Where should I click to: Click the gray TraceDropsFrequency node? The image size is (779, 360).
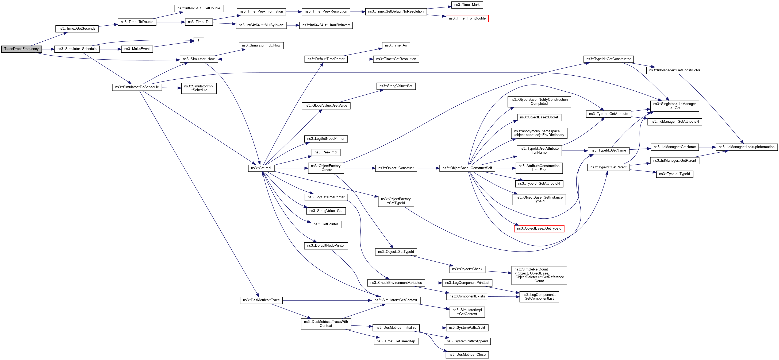click(21, 49)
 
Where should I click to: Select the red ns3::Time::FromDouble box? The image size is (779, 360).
click(467, 18)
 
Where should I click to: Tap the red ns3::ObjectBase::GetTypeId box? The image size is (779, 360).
click(539, 229)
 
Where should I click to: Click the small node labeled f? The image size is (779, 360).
click(199, 40)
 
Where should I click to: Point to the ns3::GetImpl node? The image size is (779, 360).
click(261, 168)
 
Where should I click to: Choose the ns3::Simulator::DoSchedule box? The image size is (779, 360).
click(137, 87)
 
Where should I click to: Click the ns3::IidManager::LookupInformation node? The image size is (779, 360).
click(746, 147)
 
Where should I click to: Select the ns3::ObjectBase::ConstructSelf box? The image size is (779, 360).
click(467, 168)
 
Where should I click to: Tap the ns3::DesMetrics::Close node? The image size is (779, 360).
click(467, 355)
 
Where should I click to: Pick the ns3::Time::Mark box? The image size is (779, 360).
click(467, 5)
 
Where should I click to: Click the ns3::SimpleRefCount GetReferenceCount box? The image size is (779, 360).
click(539, 275)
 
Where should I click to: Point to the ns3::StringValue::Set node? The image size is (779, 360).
click(396, 86)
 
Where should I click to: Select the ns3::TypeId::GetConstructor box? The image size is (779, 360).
click(608, 59)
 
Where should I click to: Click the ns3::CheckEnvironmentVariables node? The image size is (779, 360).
click(396, 282)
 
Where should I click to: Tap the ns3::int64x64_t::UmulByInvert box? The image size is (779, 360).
click(326, 25)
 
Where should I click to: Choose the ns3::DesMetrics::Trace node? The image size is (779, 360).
click(261, 300)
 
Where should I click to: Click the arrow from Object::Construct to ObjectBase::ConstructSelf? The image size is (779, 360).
click(428, 168)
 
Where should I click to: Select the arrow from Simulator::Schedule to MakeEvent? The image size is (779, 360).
click(110, 49)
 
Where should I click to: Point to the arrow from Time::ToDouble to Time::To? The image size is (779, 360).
click(171, 22)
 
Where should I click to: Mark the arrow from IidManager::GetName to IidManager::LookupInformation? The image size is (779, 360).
click(707, 147)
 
